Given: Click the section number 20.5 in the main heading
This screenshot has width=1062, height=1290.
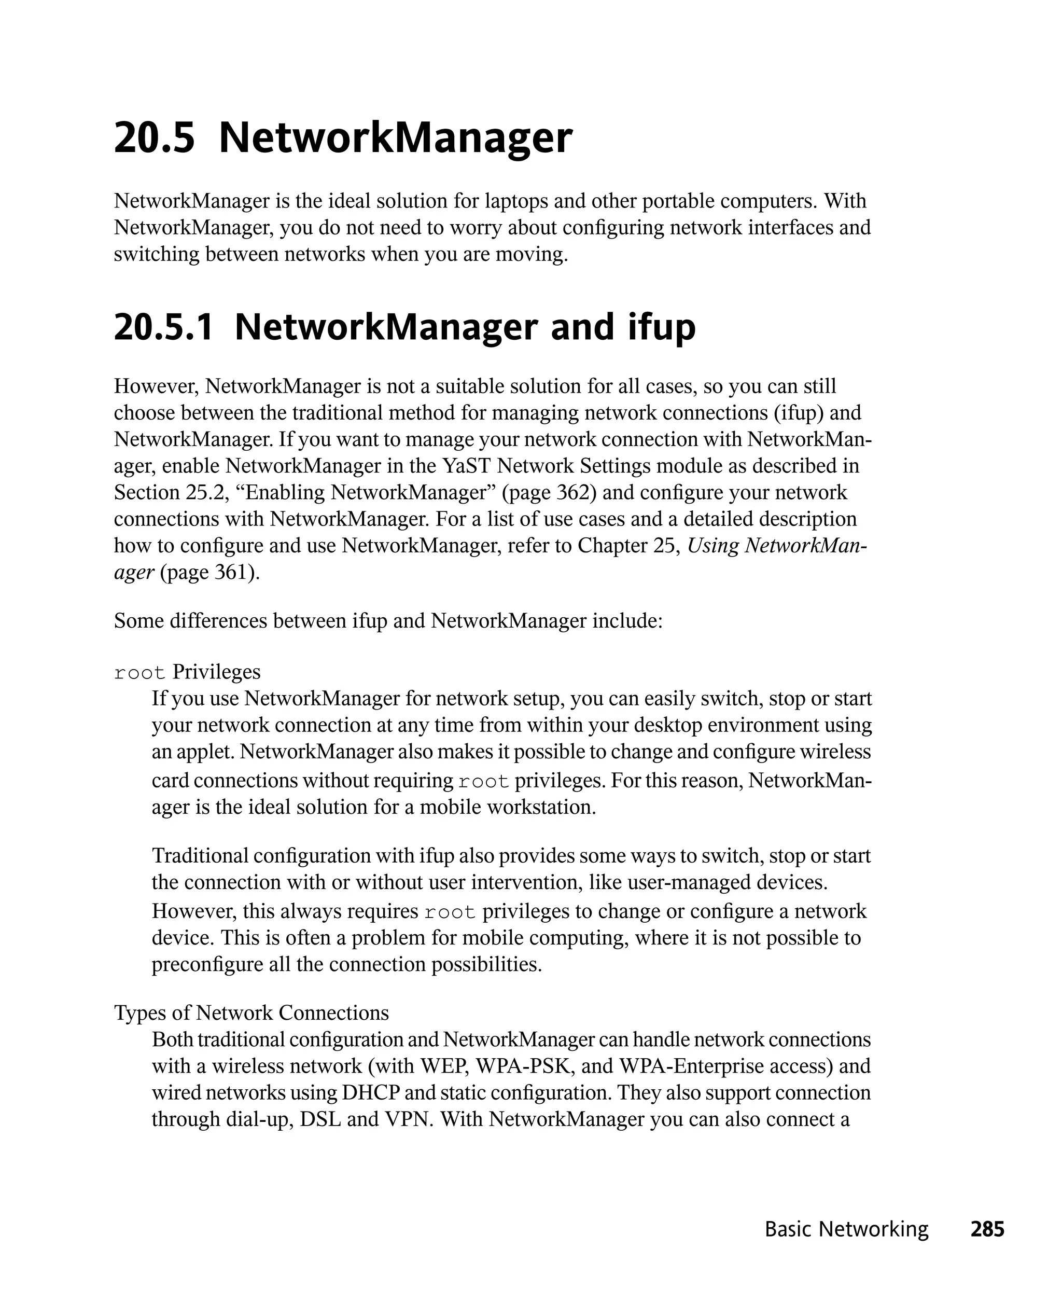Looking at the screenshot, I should click(x=154, y=138).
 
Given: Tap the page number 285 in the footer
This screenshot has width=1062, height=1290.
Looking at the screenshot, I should click(x=987, y=1229).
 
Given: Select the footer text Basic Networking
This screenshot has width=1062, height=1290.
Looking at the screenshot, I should click(x=846, y=1229).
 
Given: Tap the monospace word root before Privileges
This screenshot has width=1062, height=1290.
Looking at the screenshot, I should click(x=139, y=673).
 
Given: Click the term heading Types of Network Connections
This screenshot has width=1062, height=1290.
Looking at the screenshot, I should click(x=251, y=1013).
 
